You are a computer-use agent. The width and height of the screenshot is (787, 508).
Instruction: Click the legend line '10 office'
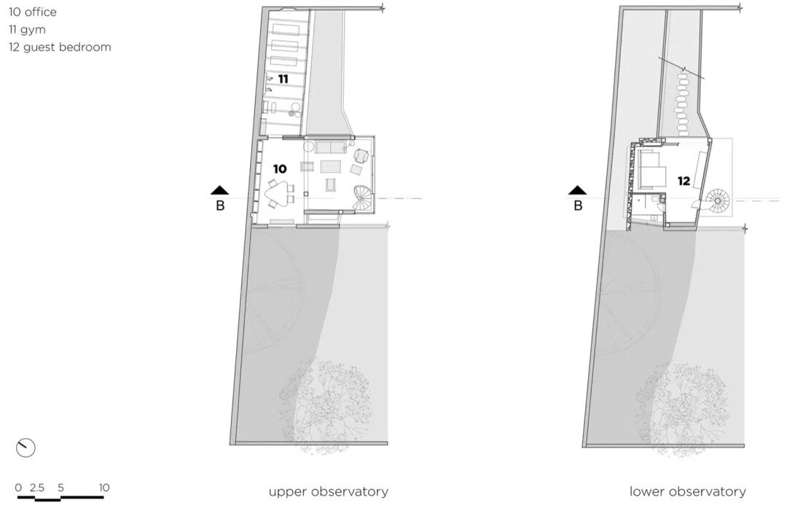point(33,12)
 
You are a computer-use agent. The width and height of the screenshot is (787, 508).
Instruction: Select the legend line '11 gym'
point(27,30)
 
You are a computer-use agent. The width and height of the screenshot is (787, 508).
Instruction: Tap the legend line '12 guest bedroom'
point(60,47)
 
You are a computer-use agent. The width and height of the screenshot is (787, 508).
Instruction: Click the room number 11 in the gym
point(283,78)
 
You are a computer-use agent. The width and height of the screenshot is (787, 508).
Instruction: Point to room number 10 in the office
point(280,168)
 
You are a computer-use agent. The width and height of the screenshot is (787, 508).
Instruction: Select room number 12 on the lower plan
point(684,181)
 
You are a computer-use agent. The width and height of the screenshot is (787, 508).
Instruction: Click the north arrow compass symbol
point(26,448)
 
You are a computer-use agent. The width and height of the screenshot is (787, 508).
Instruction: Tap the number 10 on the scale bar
point(104,488)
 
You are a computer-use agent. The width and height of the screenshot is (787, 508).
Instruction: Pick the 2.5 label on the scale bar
point(38,488)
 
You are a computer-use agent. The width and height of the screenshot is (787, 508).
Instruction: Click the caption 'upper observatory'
point(328,491)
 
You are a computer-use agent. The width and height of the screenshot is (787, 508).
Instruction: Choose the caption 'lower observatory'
point(687,491)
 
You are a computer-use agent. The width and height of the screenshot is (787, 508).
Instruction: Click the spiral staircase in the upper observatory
point(364,198)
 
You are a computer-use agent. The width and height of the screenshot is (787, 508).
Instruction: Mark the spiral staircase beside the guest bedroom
point(717,199)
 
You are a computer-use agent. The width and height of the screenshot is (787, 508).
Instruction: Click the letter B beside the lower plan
point(578,206)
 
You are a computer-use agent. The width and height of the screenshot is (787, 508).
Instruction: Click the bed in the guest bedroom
point(653,170)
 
